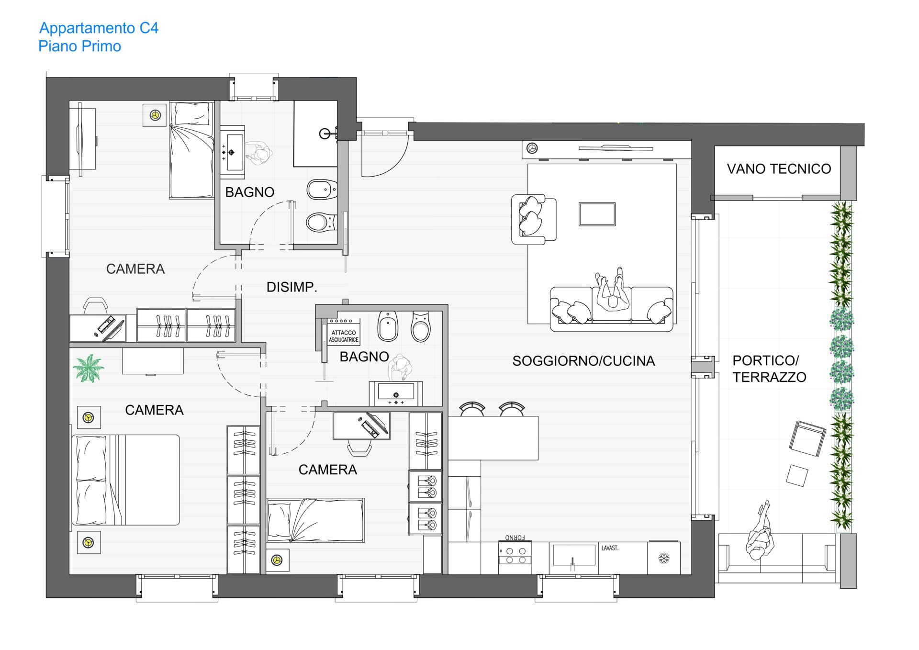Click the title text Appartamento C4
click(99, 28)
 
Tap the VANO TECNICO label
click(779, 169)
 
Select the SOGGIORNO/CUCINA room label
click(583, 361)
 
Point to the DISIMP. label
click(291, 287)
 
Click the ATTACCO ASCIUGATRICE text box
click(344, 336)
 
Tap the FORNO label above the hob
click(515, 538)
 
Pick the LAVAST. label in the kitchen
click(610, 548)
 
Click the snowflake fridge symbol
click(664, 558)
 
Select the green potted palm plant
click(89, 368)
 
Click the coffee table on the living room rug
click(597, 214)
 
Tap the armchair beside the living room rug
click(533, 219)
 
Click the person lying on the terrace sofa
click(760, 531)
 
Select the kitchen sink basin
click(574, 555)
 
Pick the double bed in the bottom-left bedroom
click(125, 480)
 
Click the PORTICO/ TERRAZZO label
click(769, 369)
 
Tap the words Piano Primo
click(79, 46)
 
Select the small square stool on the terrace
click(797, 475)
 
